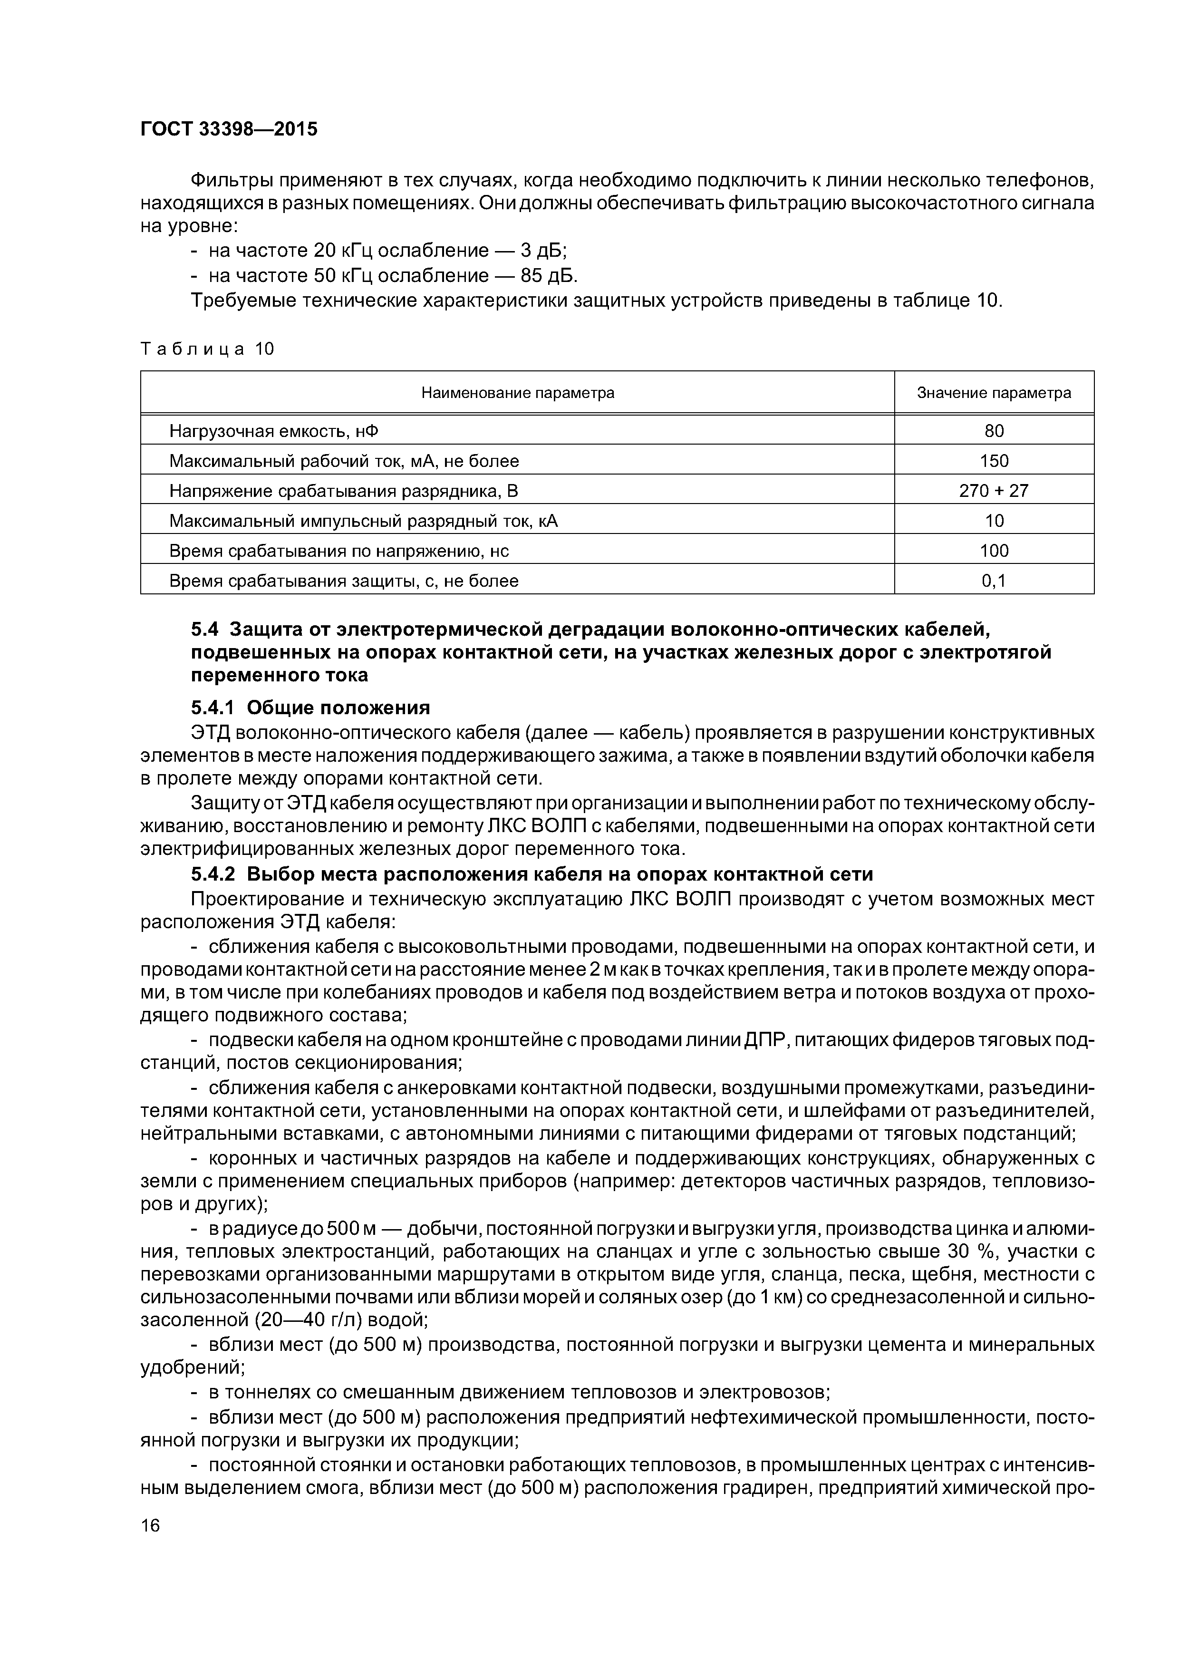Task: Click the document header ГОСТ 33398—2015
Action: [x=229, y=129]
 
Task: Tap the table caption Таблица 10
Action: [x=207, y=349]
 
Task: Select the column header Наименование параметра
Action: [x=517, y=393]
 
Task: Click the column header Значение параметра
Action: [x=993, y=393]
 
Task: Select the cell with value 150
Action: [x=993, y=461]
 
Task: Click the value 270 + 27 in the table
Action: [x=993, y=491]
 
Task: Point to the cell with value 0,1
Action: [x=993, y=581]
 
